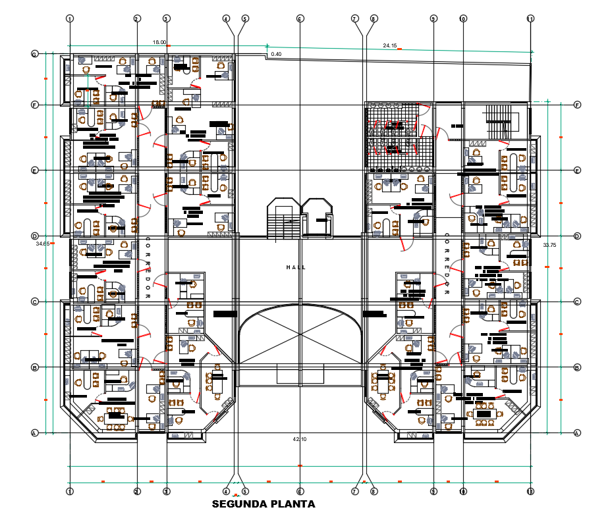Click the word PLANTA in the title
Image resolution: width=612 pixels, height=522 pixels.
[292, 505]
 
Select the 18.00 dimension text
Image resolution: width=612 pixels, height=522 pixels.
[159, 42]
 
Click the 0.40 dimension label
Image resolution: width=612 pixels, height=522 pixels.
[276, 54]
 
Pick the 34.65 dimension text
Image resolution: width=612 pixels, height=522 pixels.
[43, 244]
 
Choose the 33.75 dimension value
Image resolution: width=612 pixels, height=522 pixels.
[549, 245]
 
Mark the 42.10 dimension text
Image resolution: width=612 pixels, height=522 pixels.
[300, 438]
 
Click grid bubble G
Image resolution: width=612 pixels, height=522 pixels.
[34, 54]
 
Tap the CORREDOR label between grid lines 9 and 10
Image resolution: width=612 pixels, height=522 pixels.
[447, 265]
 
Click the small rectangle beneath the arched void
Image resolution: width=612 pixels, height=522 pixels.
[300, 374]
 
